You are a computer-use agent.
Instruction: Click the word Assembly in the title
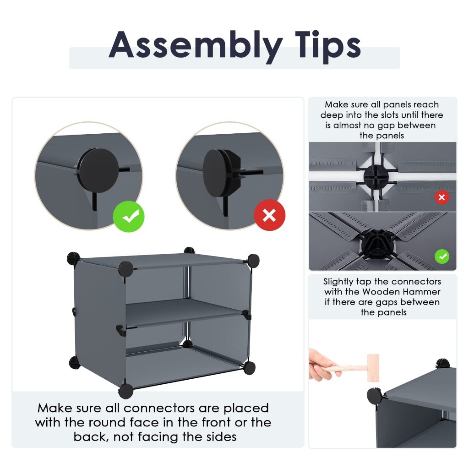[195, 46]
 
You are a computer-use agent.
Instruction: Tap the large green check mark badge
[129, 217]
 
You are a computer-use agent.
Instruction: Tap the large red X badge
[269, 215]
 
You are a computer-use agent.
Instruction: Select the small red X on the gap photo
[442, 197]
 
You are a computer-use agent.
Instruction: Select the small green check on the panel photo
[442, 256]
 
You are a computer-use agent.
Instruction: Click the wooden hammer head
[373, 368]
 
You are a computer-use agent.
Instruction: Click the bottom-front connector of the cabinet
[126, 391]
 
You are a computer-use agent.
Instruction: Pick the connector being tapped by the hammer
[374, 396]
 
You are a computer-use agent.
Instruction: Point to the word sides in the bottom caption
[221, 437]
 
